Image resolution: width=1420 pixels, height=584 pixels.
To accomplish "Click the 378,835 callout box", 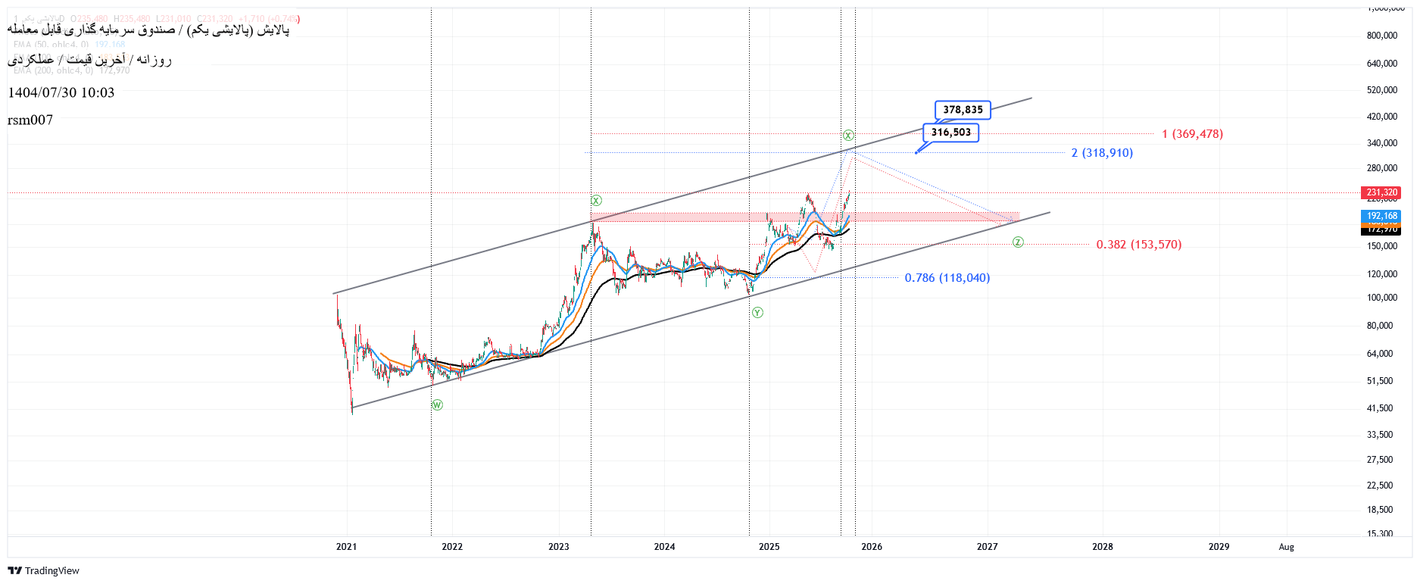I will click(963, 110).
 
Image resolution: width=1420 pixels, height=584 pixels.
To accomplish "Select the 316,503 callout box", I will click(950, 133).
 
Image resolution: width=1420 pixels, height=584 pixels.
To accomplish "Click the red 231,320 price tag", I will click(1381, 192).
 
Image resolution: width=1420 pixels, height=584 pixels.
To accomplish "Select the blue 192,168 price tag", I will click(1381, 216).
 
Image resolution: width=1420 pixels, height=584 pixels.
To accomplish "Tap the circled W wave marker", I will click(437, 405).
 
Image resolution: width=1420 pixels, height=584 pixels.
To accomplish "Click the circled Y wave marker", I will click(757, 313).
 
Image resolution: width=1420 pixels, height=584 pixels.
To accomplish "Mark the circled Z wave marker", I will click(1018, 242).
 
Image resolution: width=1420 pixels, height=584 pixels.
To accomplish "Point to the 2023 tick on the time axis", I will click(559, 547).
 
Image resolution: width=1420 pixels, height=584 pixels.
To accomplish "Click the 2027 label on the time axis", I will click(987, 547).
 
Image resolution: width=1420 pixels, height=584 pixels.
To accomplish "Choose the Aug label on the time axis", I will click(1286, 547).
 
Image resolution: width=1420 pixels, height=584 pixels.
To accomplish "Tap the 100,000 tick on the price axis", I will click(1381, 298).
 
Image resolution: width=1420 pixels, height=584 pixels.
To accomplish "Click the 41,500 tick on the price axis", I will click(1379, 408).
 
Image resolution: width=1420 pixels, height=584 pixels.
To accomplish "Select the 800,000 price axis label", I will click(1381, 36).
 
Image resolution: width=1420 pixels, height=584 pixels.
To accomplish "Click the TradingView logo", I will click(44, 570).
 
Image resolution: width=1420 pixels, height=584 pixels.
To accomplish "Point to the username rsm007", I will click(30, 120).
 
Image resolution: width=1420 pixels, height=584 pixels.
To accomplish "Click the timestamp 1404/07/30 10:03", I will click(61, 92).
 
